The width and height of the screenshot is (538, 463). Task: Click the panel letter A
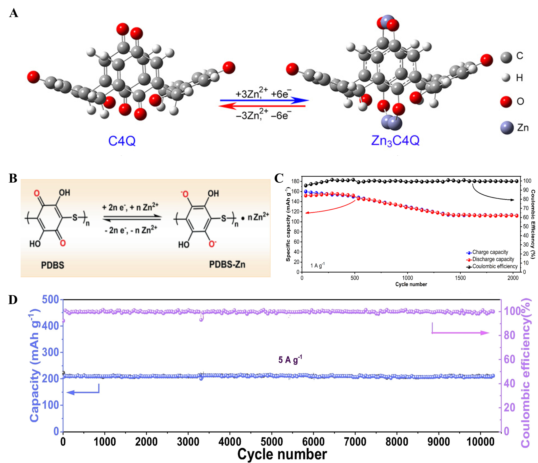(13, 13)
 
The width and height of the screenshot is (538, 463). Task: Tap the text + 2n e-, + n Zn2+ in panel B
(130, 207)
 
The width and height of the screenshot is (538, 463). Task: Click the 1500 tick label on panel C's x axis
(460, 278)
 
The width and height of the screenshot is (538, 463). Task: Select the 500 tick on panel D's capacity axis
(51, 300)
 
